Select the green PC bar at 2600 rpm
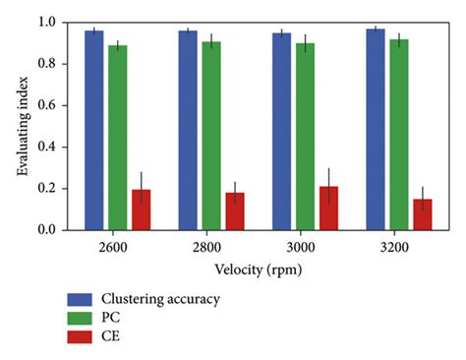118,138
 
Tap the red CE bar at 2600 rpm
142,210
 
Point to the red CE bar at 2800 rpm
235,211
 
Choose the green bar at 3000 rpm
305,137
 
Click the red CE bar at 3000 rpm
328,209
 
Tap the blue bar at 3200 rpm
375,129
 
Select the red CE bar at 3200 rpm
422,214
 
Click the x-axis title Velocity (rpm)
259,268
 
